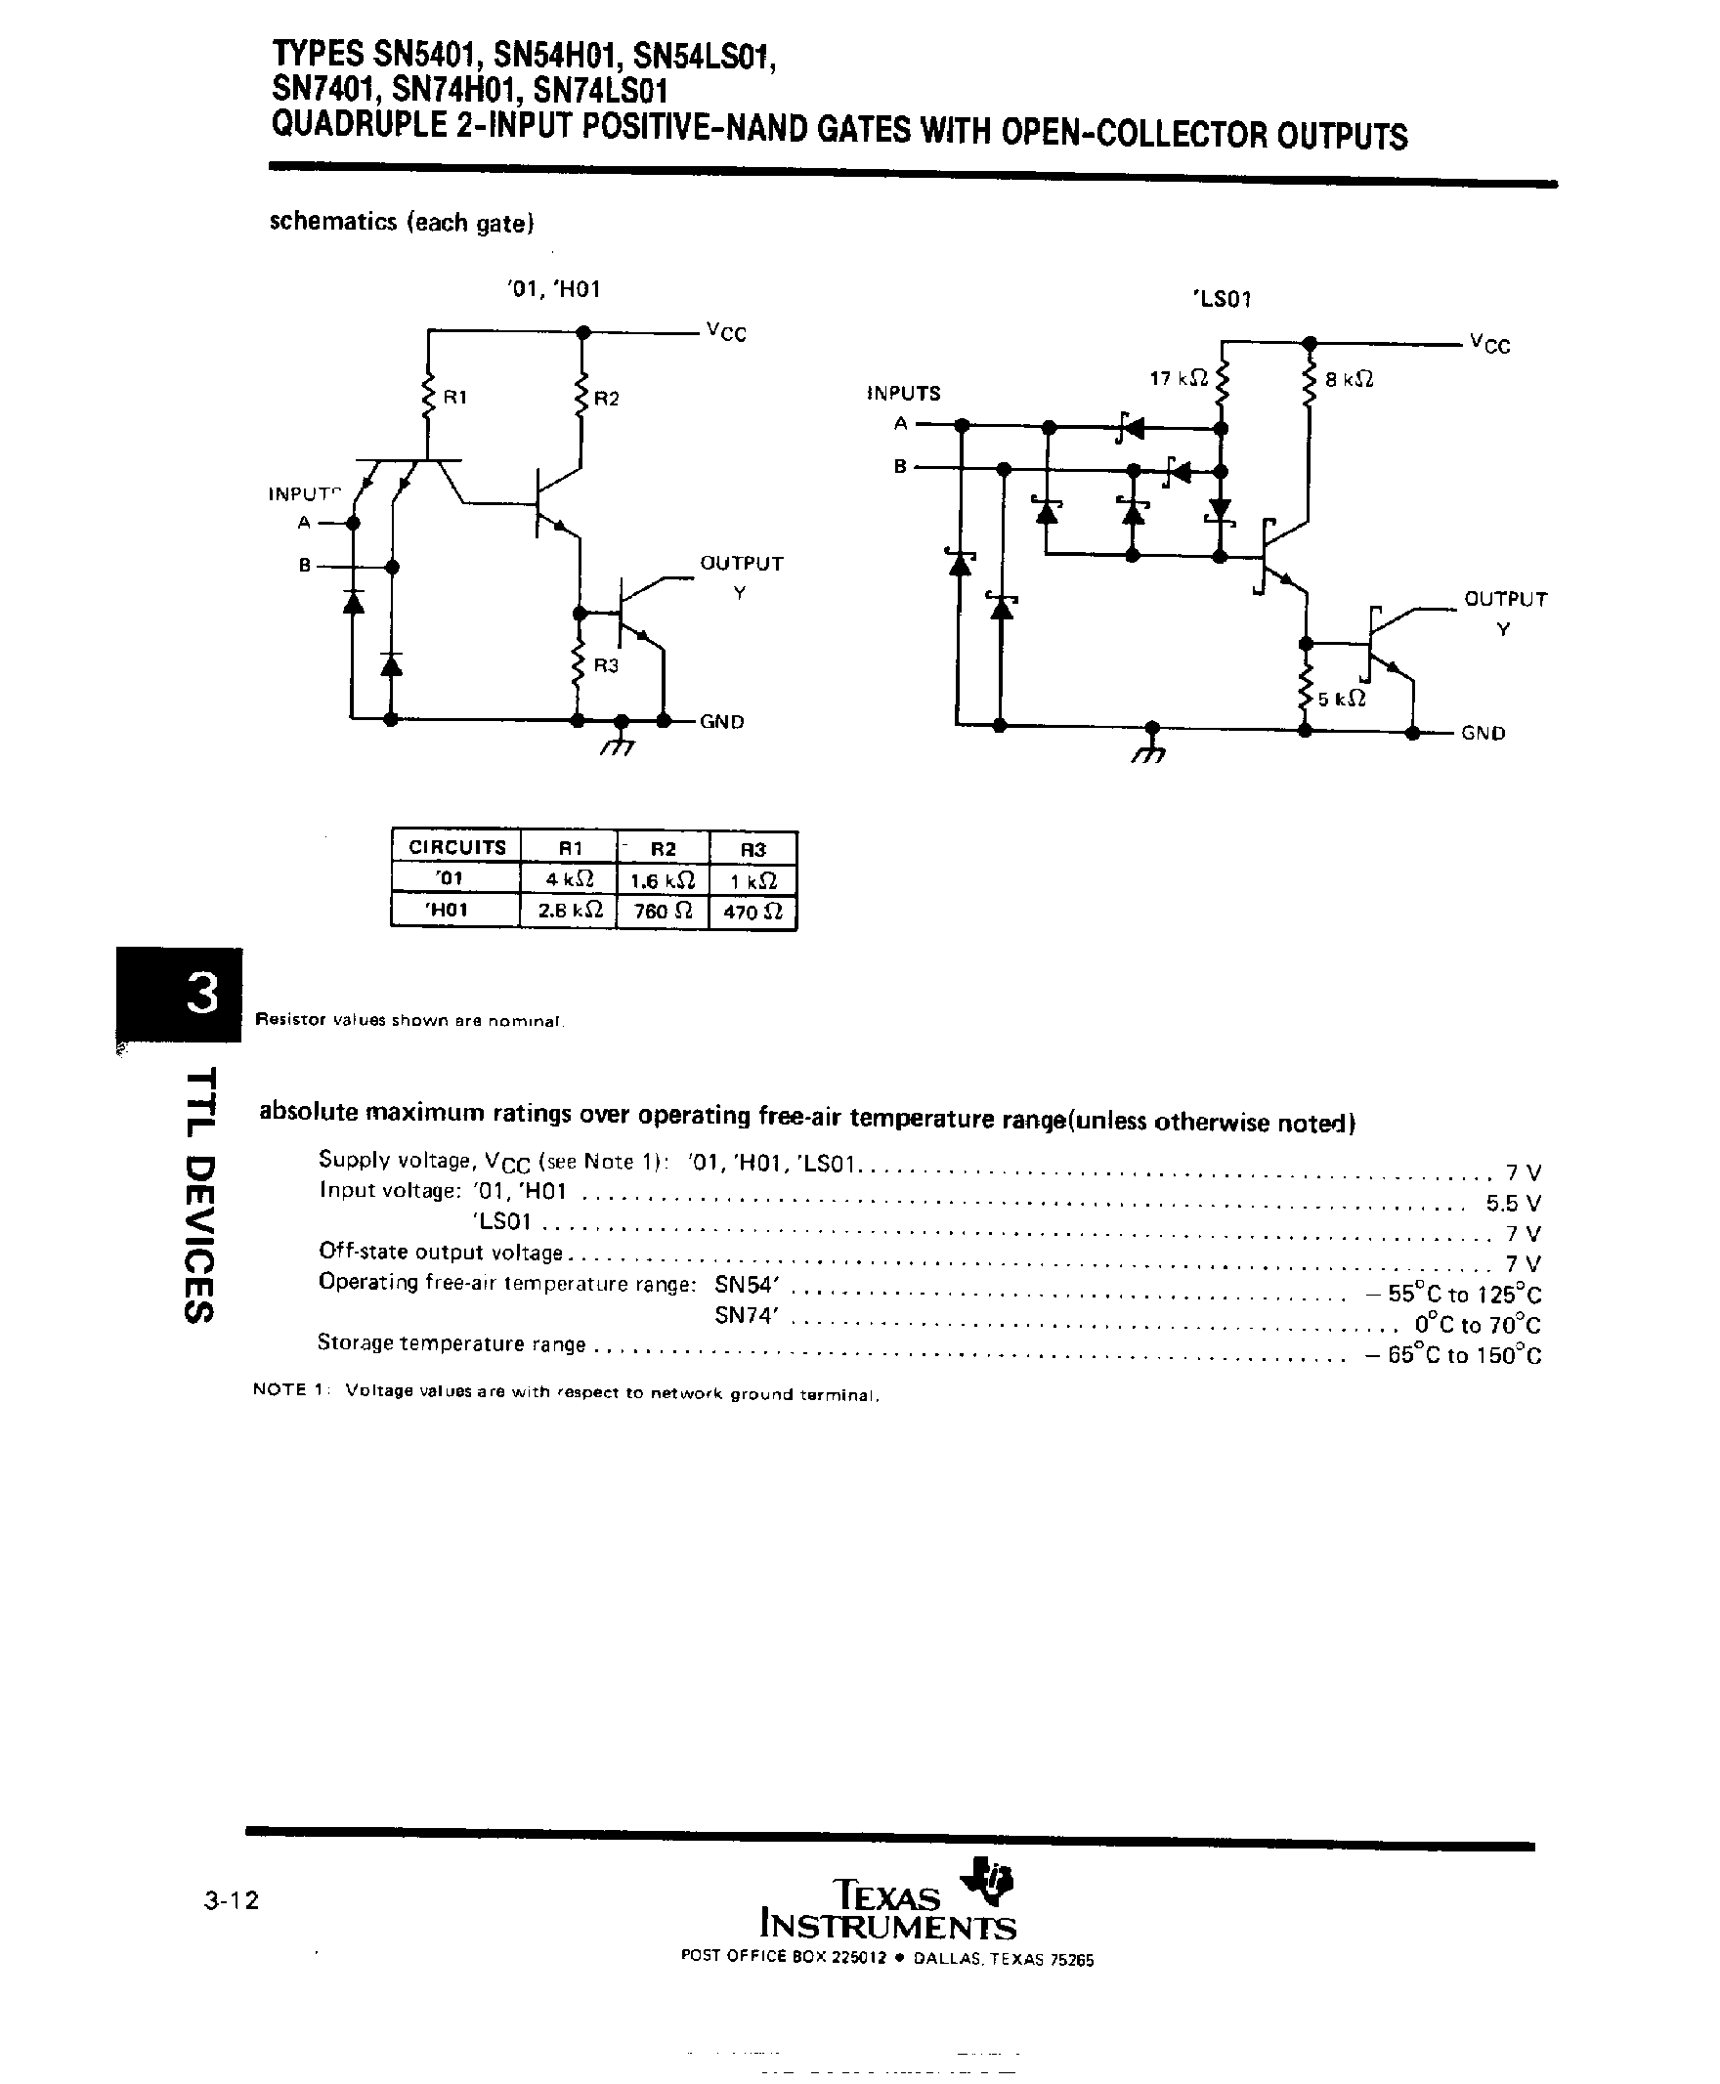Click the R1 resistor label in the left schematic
point(454,398)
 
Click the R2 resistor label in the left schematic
point(606,399)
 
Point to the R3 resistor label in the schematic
point(606,665)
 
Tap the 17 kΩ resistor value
point(1178,378)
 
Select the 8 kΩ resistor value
point(1349,379)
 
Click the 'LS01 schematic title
point(1222,298)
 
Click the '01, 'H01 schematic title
point(552,289)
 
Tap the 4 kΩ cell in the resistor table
point(569,878)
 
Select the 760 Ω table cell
point(662,911)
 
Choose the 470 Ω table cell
point(753,911)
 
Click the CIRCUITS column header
point(456,847)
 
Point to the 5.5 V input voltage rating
point(1513,1204)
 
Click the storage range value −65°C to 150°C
point(1452,1355)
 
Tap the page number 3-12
point(231,1899)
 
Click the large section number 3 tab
point(201,994)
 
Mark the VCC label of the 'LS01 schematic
point(1490,344)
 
